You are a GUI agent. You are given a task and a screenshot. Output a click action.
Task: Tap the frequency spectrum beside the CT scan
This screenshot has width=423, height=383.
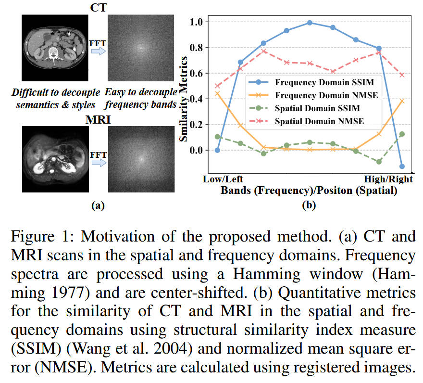coord(140,49)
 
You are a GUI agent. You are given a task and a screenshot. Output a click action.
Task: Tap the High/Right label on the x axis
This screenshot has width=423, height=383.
coord(388,179)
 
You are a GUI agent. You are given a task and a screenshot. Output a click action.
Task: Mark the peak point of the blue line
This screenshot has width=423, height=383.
coord(310,23)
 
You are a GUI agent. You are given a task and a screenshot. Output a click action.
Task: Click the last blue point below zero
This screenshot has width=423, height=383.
coord(402,166)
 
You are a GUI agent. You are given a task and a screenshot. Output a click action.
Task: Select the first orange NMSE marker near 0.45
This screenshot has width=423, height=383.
coord(217,93)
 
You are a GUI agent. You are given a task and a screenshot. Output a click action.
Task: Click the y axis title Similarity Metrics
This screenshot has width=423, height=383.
coord(184,99)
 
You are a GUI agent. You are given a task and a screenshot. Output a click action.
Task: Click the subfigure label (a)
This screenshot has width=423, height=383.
coord(98,206)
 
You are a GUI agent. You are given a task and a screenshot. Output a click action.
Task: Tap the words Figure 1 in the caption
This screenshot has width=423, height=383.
coord(39,237)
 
